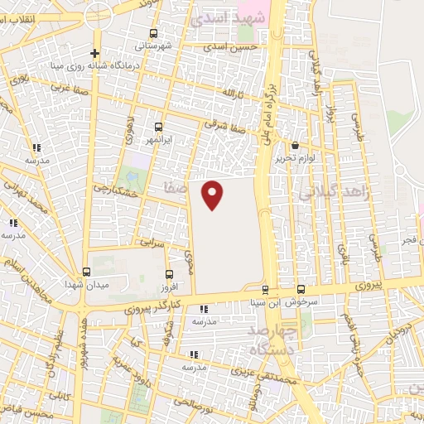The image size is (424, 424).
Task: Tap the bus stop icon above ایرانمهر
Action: coord(158,128)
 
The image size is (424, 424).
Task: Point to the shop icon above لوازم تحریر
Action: coord(295,145)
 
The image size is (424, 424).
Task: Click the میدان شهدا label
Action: coord(87,284)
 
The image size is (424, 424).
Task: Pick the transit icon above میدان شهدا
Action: coord(86,272)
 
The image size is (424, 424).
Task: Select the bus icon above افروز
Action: coord(169,274)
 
